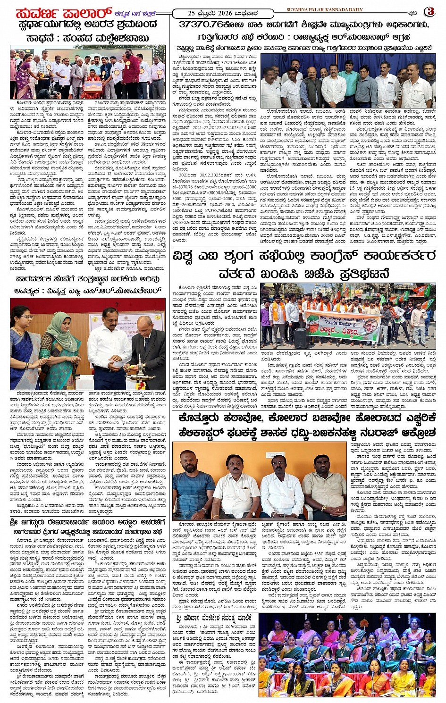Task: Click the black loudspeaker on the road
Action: pos(301,337)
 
